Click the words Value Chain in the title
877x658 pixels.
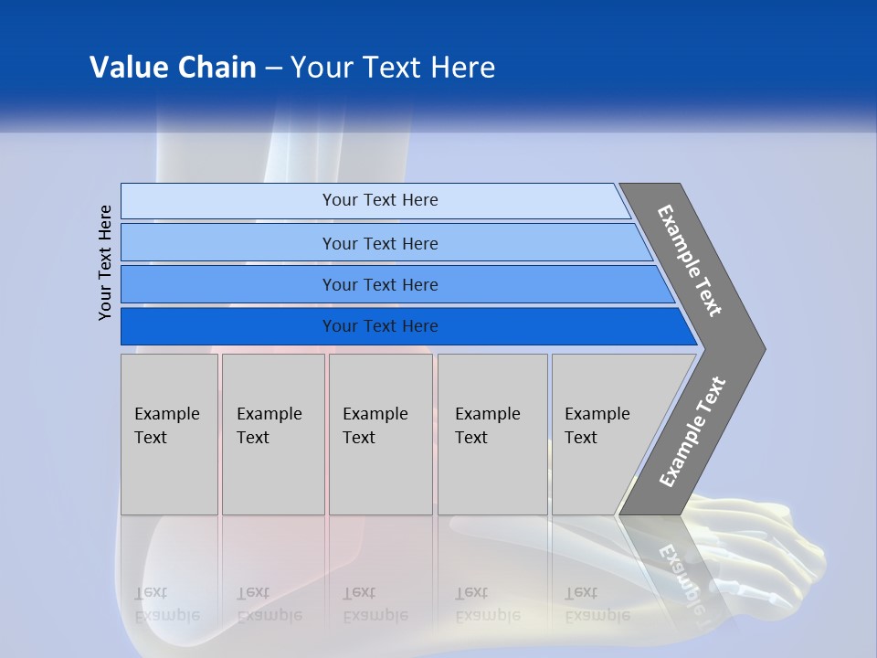tap(173, 68)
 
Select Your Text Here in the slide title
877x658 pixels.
tap(393, 68)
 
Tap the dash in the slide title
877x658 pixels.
tap(273, 69)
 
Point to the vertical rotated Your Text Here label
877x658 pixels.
tap(106, 262)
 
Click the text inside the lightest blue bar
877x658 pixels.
tap(380, 200)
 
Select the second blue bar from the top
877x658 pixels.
tap(380, 243)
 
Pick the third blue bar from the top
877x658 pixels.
tap(380, 284)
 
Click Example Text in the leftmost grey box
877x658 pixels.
tap(166, 426)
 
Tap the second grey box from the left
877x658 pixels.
tap(273, 434)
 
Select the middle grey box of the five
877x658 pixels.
tap(380, 434)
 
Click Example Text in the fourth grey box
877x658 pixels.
tap(488, 426)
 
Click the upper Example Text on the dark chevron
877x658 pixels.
tap(690, 260)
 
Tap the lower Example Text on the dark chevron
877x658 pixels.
tap(692, 432)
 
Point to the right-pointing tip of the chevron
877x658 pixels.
tap(760, 348)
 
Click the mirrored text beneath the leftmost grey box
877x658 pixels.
tap(166, 604)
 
